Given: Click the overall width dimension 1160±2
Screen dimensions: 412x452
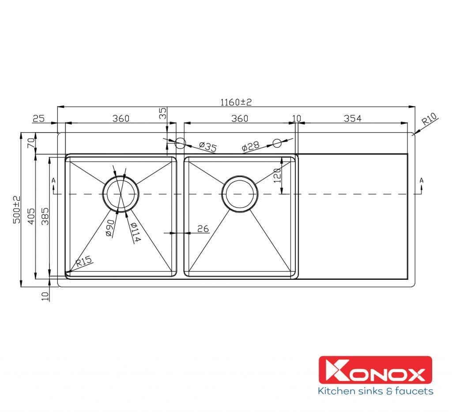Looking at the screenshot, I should tap(236, 102).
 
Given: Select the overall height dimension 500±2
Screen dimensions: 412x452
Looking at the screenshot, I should tap(17, 209).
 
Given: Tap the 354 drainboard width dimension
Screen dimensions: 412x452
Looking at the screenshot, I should tap(352, 118).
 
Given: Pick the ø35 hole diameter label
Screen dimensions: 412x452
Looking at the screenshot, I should tap(207, 147).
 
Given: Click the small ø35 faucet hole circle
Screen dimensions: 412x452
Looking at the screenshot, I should tap(180, 143).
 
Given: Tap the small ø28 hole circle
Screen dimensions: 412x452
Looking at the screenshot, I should tap(277, 143).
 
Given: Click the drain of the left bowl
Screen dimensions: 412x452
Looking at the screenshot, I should tap(121, 193).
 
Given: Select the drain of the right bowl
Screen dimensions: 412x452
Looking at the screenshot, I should tap(239, 194).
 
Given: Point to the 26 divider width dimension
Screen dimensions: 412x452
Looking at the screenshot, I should tap(203, 229).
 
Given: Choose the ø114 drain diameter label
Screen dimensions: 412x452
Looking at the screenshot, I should tap(135, 232).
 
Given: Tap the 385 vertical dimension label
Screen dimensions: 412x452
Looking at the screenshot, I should tap(44, 216).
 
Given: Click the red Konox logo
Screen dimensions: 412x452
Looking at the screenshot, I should tap(375, 370).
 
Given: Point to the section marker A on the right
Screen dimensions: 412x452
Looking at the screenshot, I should tap(422, 180).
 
